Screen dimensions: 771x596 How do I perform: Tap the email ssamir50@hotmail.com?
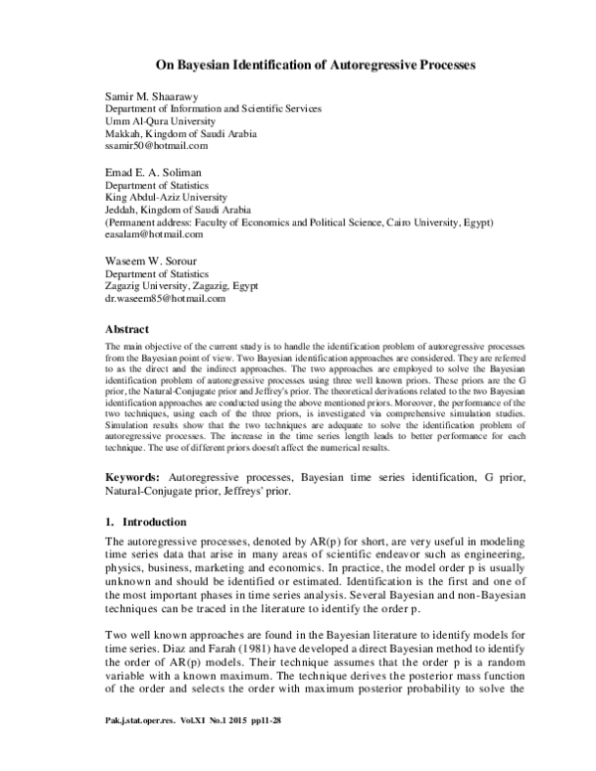[x=156, y=145]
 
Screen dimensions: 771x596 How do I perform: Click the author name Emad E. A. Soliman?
[x=154, y=171]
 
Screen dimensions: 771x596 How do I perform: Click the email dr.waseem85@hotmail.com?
[x=166, y=298]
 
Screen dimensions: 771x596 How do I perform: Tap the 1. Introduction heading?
[x=150, y=521]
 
